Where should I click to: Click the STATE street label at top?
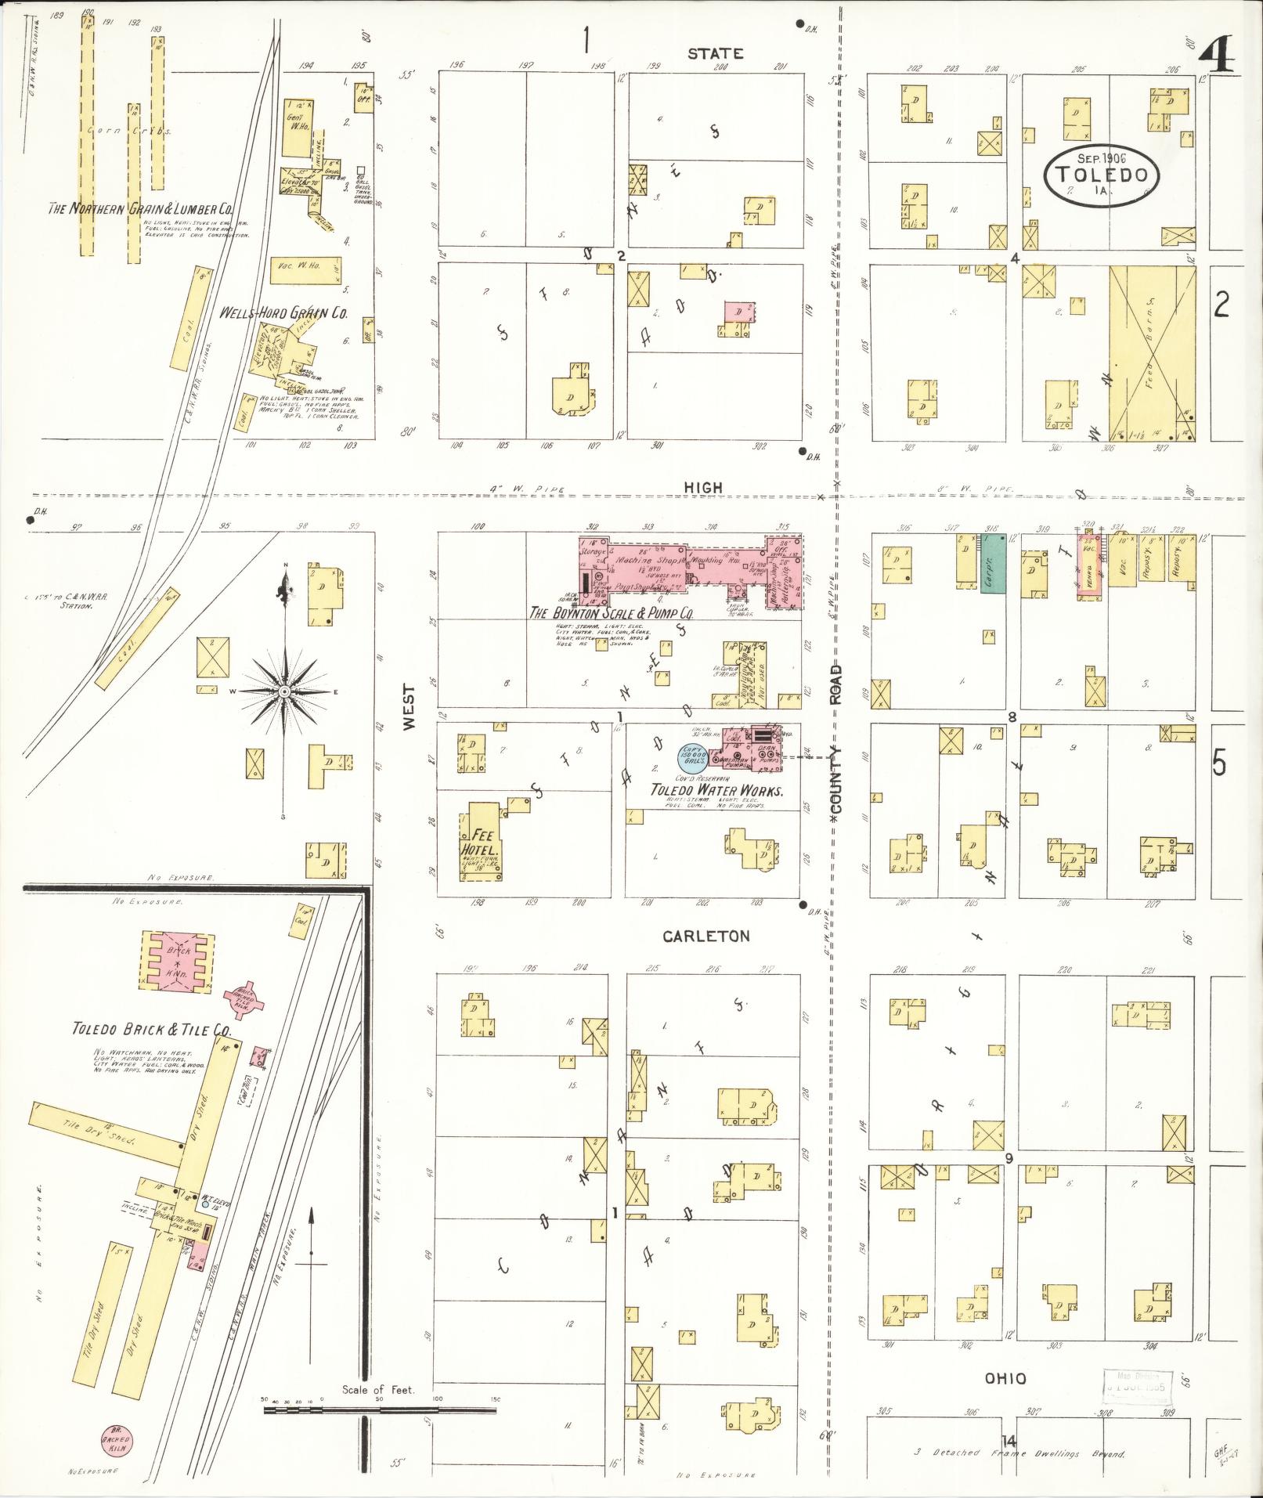pyautogui.click(x=714, y=53)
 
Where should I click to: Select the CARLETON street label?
pyautogui.click(x=706, y=936)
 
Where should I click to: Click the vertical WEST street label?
pyautogui.click(x=409, y=707)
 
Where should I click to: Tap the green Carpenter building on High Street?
pyautogui.click(x=992, y=573)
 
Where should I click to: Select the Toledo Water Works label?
pyautogui.click(x=717, y=791)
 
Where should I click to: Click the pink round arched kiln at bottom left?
pyautogui.click(x=115, y=1438)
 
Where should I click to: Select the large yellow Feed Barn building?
pyautogui.click(x=1153, y=353)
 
